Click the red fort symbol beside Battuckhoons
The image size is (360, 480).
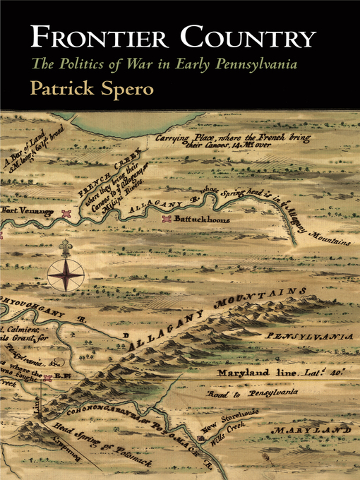coord(167,220)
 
